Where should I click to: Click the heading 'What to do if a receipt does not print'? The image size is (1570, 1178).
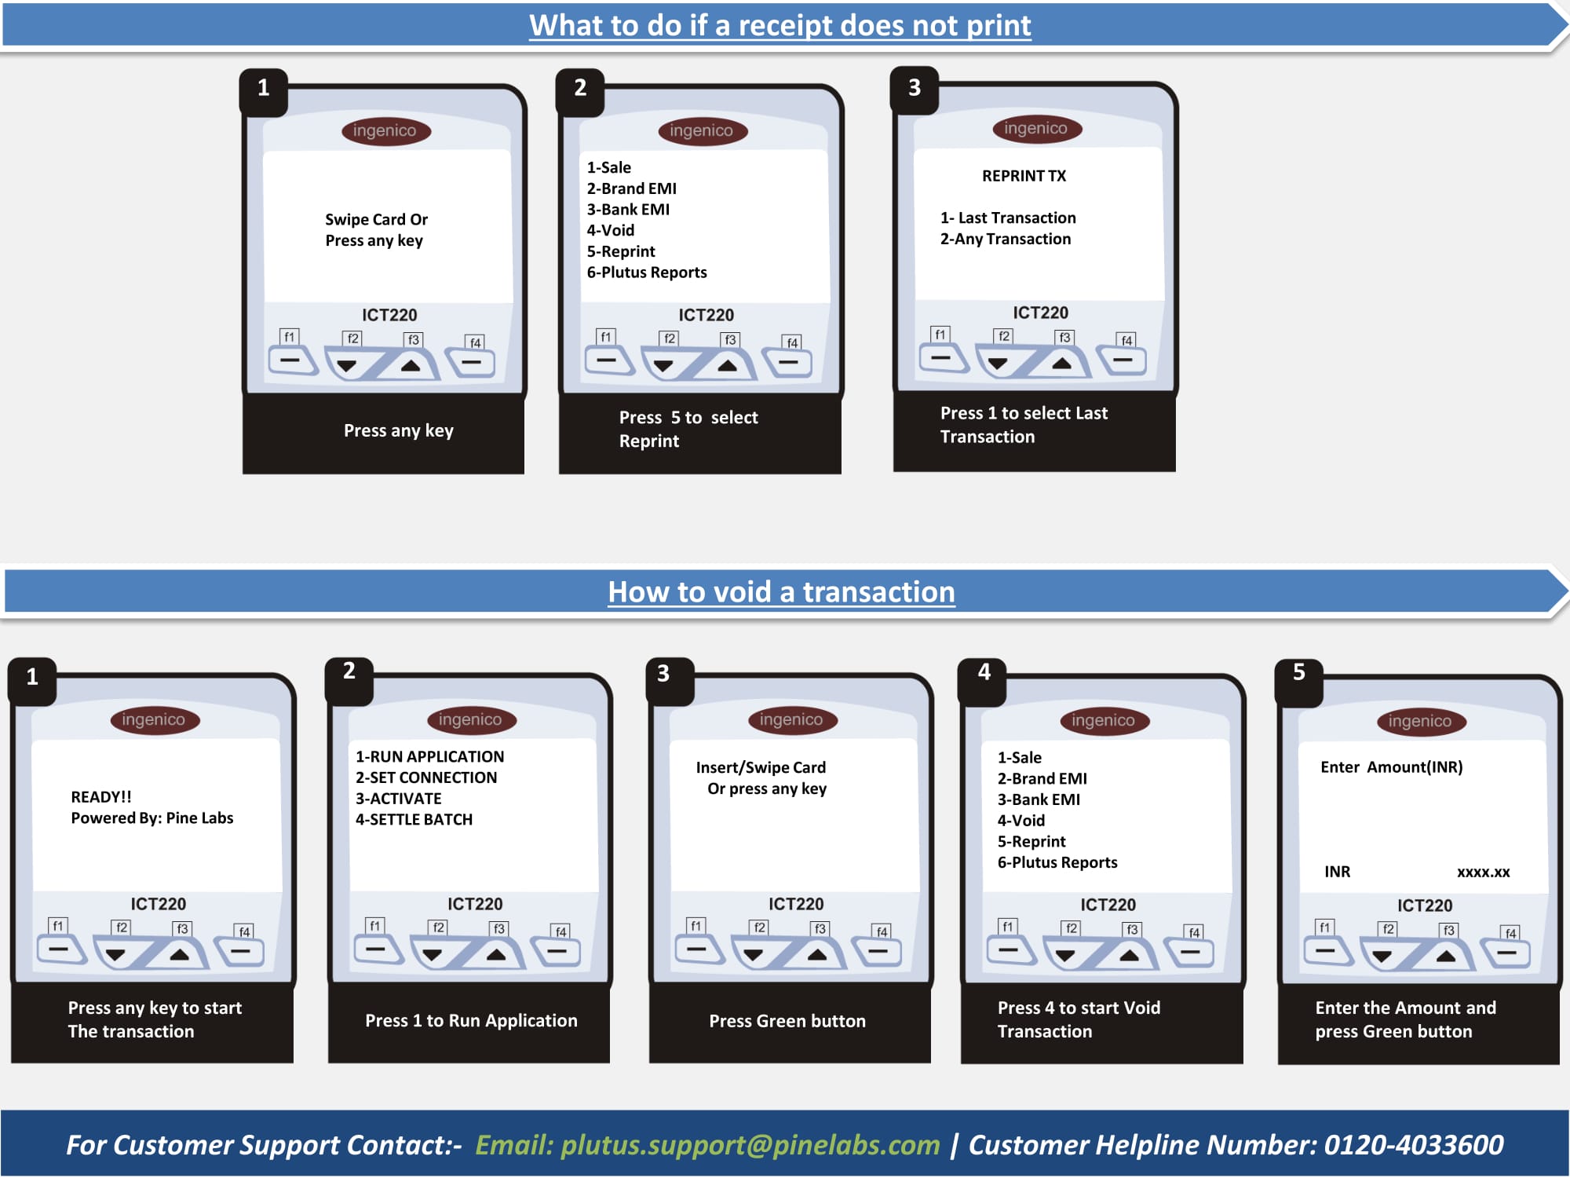tap(780, 26)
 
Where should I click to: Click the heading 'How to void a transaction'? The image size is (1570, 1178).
tap(781, 592)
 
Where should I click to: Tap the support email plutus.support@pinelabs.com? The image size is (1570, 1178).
tap(750, 1145)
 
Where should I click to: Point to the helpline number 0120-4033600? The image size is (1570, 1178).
tap(1414, 1144)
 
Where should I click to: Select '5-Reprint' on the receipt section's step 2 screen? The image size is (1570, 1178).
tap(621, 251)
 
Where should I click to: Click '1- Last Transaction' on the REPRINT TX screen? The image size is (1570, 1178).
tap(1008, 218)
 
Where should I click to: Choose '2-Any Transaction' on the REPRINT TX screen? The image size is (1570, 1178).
tap(1006, 239)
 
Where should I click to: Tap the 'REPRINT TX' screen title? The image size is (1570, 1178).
tap(1024, 176)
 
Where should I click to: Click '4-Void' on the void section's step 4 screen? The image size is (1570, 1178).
tap(1020, 821)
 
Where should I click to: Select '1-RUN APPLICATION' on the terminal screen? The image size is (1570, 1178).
tap(429, 756)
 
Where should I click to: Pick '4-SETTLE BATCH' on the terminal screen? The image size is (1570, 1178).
tap(414, 819)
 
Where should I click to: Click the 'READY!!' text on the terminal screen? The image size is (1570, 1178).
tap(101, 797)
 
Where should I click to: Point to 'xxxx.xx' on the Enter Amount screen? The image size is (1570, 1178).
tap(1483, 872)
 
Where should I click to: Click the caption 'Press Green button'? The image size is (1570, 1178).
tap(787, 1021)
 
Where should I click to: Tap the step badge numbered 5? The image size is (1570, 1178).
tap(1299, 672)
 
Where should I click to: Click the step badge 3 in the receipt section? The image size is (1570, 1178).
tap(915, 88)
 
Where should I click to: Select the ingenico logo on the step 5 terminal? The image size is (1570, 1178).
tap(1420, 721)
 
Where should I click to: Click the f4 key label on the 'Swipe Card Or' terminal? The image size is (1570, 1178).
tap(476, 342)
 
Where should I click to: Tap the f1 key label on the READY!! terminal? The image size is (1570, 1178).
tap(57, 926)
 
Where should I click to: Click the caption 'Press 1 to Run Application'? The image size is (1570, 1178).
tap(471, 1021)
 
